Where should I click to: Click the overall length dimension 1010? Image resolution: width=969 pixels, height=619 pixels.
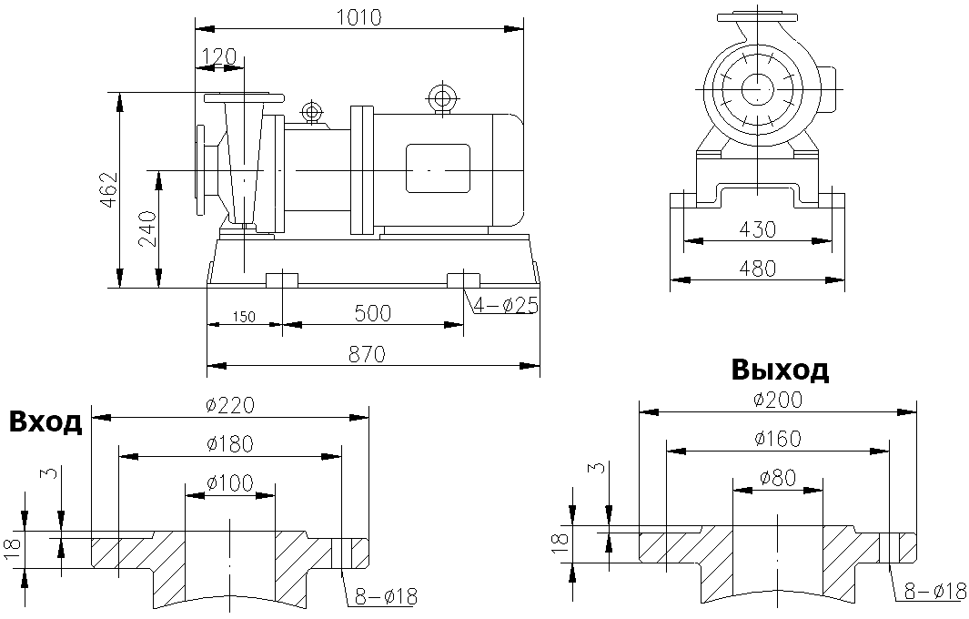[358, 16]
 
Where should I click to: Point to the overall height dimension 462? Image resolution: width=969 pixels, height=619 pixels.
[108, 190]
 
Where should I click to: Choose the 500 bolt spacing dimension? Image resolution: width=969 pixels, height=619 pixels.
[373, 313]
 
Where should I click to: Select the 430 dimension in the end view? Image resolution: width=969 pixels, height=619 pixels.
[757, 229]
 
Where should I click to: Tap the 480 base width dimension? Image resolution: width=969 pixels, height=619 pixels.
[757, 269]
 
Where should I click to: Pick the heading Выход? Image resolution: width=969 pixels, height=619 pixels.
[780, 370]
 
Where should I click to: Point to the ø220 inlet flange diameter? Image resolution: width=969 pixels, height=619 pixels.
[230, 405]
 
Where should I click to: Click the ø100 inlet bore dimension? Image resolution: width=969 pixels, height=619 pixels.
[229, 483]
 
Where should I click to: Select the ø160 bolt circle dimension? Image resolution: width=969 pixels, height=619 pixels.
[778, 439]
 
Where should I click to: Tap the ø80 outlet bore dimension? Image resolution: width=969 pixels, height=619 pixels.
[778, 477]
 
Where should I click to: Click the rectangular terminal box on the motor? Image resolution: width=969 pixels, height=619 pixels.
[439, 169]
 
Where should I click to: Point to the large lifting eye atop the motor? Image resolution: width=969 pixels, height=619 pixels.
[443, 97]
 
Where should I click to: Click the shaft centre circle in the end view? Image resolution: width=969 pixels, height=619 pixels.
[757, 90]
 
